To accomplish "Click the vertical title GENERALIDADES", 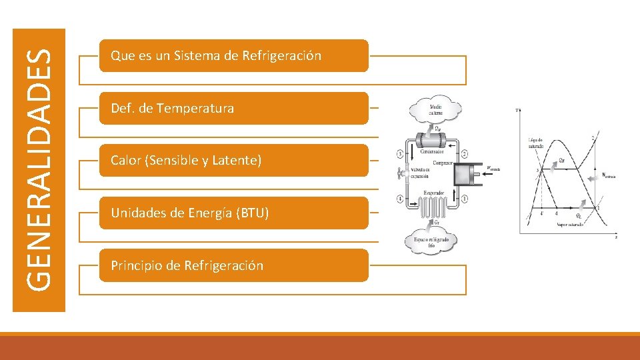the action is pyautogui.click(x=39, y=169).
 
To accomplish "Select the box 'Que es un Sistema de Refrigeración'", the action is pyautogui.click(x=233, y=56).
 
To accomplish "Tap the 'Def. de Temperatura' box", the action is pyautogui.click(x=233, y=108).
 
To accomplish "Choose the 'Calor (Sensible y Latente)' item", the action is pyautogui.click(x=233, y=161).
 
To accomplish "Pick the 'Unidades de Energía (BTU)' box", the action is pyautogui.click(x=233, y=213).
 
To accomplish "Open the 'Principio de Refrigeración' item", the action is pyautogui.click(x=233, y=265).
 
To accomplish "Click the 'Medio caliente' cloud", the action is pyautogui.click(x=436, y=109).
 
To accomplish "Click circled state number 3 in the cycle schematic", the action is pyautogui.click(x=399, y=154).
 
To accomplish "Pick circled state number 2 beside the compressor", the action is pyautogui.click(x=464, y=154).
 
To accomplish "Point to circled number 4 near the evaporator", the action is pyautogui.click(x=399, y=198).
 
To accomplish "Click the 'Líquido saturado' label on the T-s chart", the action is pyautogui.click(x=536, y=143).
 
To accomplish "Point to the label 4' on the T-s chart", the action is pyautogui.click(x=542, y=214).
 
